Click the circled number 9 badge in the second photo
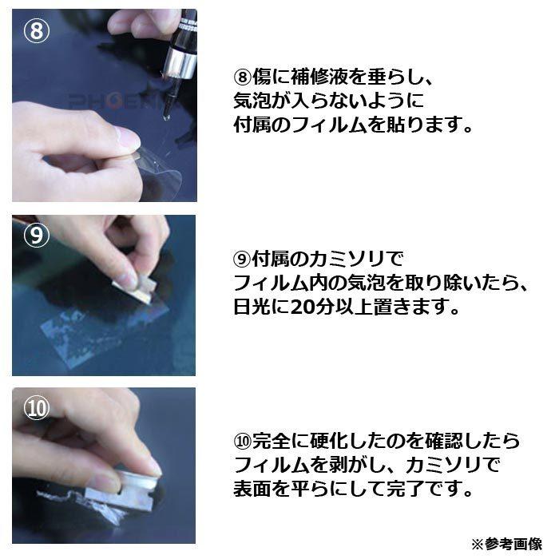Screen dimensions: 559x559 pos(34,236)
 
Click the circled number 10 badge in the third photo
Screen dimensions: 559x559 pos(34,408)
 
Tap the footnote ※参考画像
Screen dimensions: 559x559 pos(505,544)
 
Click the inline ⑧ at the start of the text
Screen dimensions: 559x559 pos(241,77)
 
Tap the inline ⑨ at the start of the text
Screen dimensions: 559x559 pos(241,260)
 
